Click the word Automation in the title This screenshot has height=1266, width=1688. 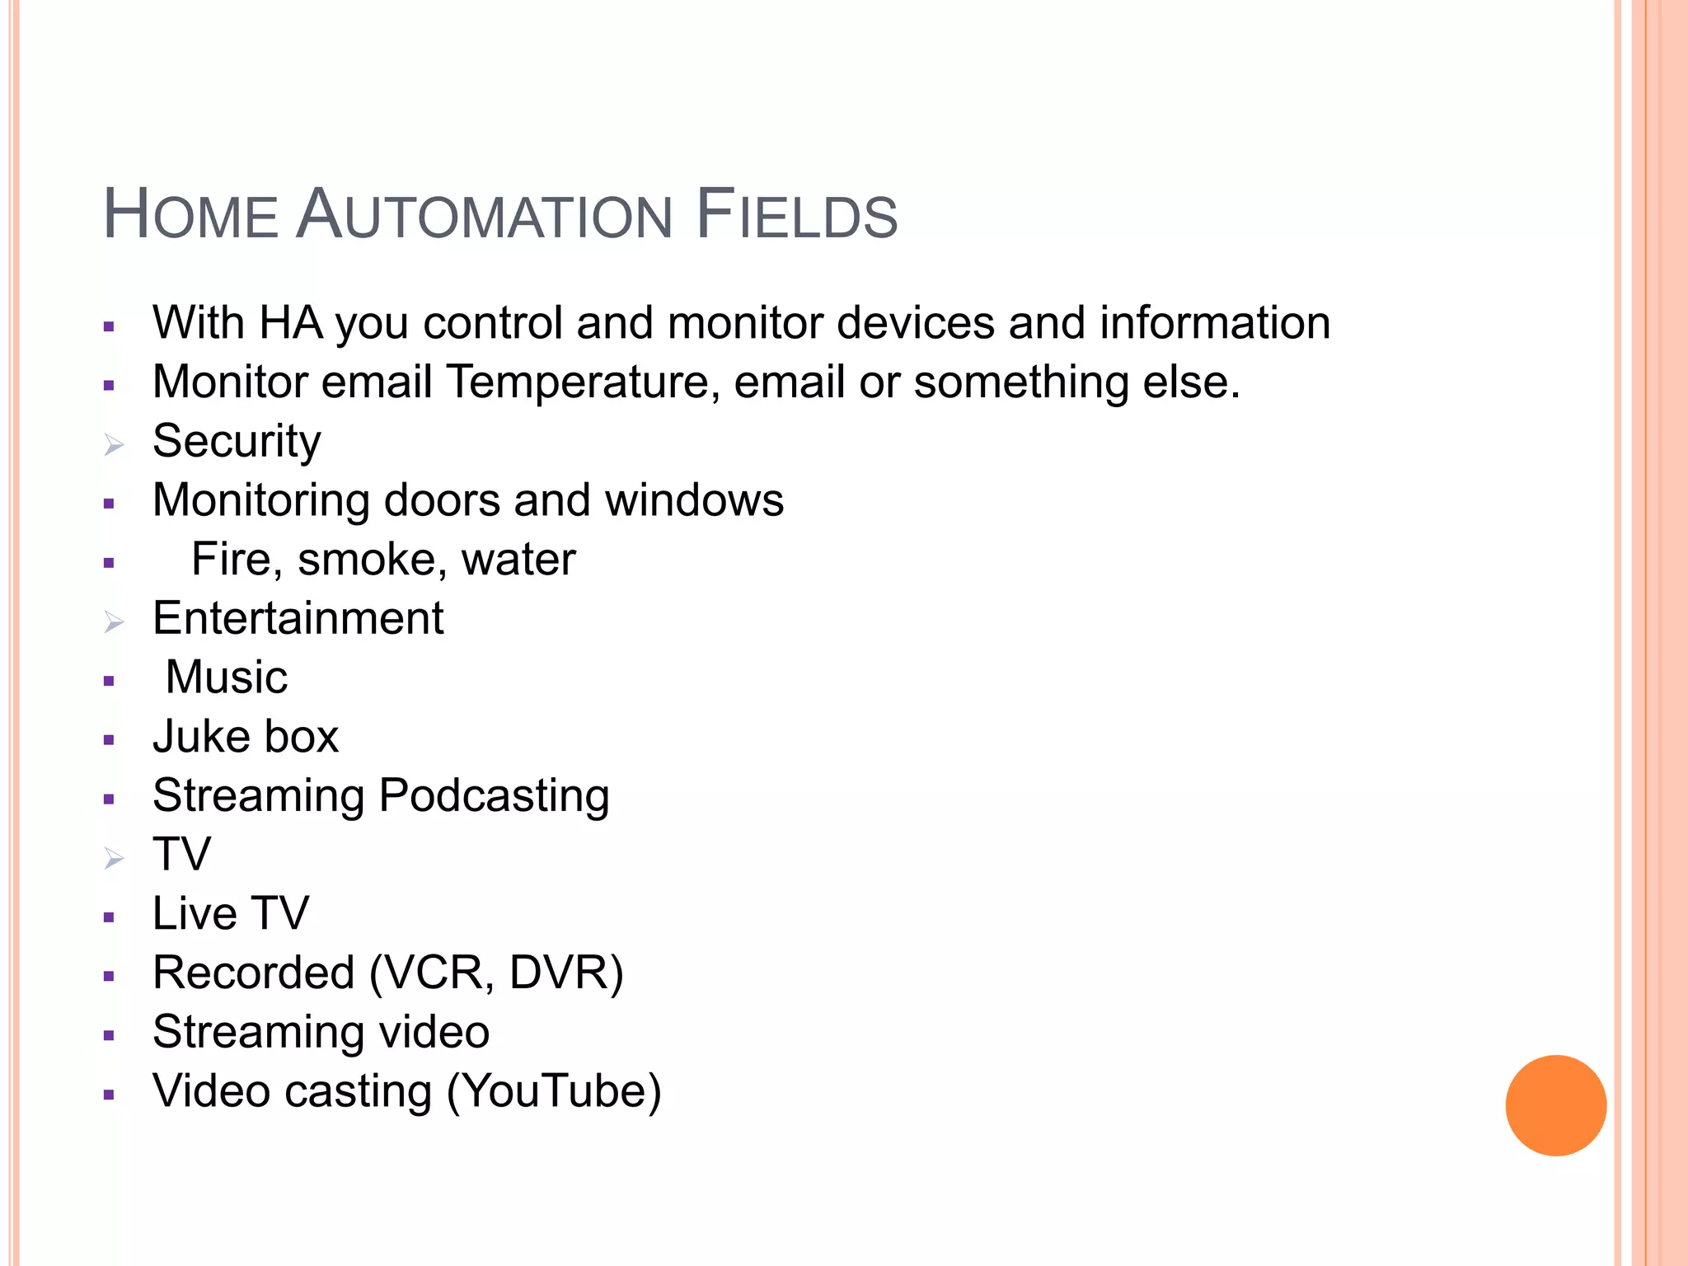point(484,215)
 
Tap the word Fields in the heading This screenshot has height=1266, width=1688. point(796,215)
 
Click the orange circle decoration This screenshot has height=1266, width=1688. point(1555,1105)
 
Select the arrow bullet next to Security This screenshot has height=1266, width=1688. point(114,445)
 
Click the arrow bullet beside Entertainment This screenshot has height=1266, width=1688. point(114,622)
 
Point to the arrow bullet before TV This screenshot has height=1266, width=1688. point(114,859)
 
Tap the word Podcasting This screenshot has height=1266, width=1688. point(494,796)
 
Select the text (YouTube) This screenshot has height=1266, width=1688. point(554,1091)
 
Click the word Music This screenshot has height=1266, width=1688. point(227,678)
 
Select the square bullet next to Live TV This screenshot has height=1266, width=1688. point(109,917)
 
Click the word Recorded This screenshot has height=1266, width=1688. point(254,973)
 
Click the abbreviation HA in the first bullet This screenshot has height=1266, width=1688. point(290,322)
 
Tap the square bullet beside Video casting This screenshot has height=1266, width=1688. point(109,1095)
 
